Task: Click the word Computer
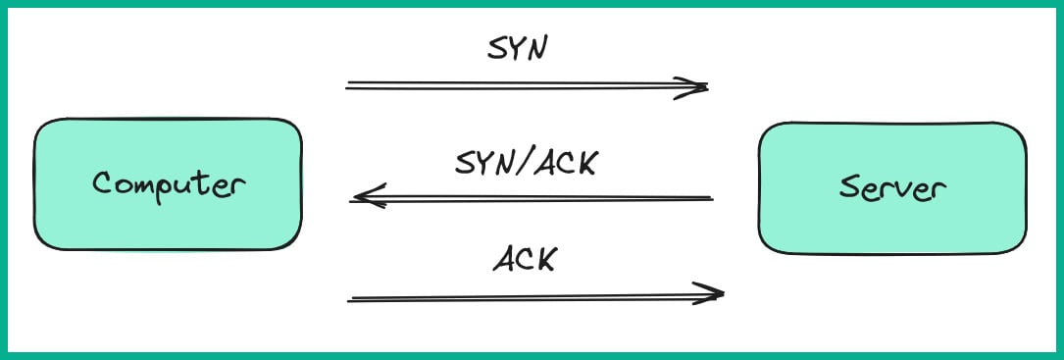point(167,183)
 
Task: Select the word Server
point(891,188)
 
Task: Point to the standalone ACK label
point(524,259)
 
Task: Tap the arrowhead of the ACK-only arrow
point(716,292)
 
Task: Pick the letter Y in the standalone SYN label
point(516,49)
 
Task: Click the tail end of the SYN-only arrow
point(349,86)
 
